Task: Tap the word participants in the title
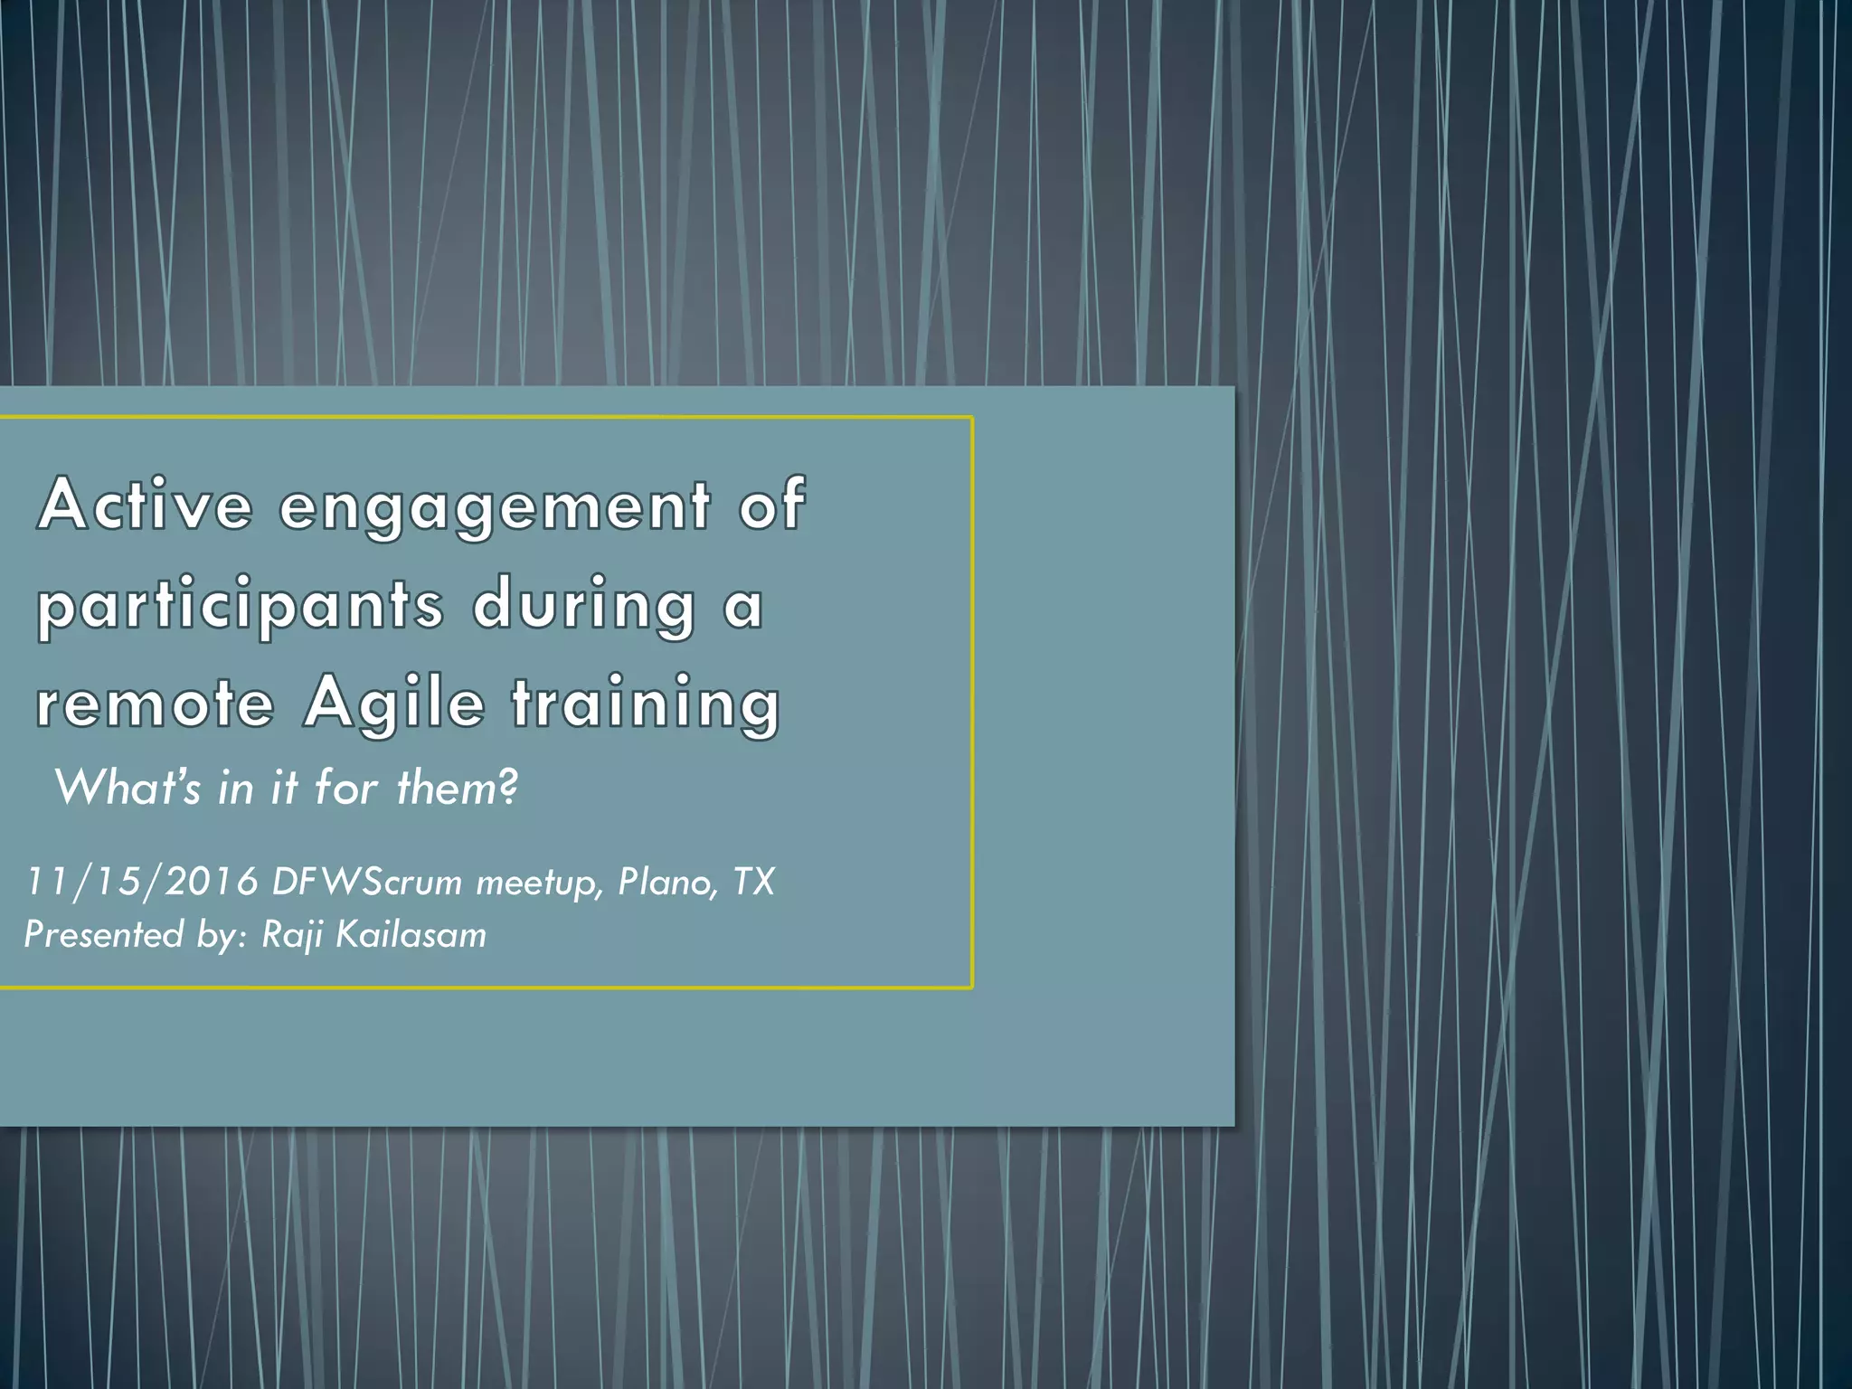click(241, 605)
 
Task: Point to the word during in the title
click(584, 605)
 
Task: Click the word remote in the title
click(155, 703)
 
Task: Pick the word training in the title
click(646, 704)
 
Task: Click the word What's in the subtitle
click(128, 787)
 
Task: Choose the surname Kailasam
click(411, 934)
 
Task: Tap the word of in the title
click(771, 504)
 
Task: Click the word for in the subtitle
click(346, 787)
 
